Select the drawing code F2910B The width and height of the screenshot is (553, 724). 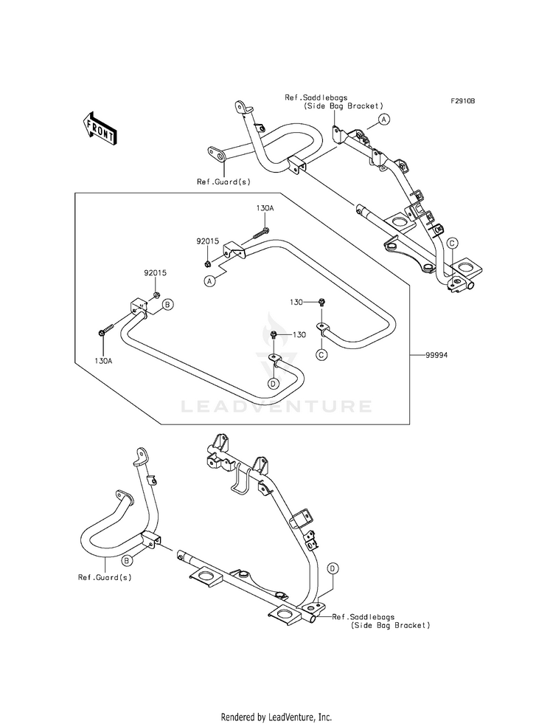coord(463,101)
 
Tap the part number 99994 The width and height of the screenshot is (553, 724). coord(437,355)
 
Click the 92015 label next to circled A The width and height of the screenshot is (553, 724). coord(207,241)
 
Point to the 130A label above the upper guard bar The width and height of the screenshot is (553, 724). coord(265,208)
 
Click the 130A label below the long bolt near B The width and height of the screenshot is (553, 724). coord(103,361)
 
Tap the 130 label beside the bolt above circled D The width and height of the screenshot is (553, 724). coord(299,335)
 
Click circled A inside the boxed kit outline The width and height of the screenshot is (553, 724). coord(211,280)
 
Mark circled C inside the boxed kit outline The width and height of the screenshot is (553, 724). coord(322,354)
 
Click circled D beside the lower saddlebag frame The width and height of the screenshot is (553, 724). coord(333,569)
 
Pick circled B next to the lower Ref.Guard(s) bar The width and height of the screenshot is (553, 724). coord(126,561)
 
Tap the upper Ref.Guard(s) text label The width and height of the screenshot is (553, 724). coord(223,182)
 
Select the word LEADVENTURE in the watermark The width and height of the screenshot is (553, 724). coord(276,407)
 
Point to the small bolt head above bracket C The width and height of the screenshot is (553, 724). coord(322,303)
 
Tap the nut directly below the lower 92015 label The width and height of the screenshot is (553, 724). coord(156,294)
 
